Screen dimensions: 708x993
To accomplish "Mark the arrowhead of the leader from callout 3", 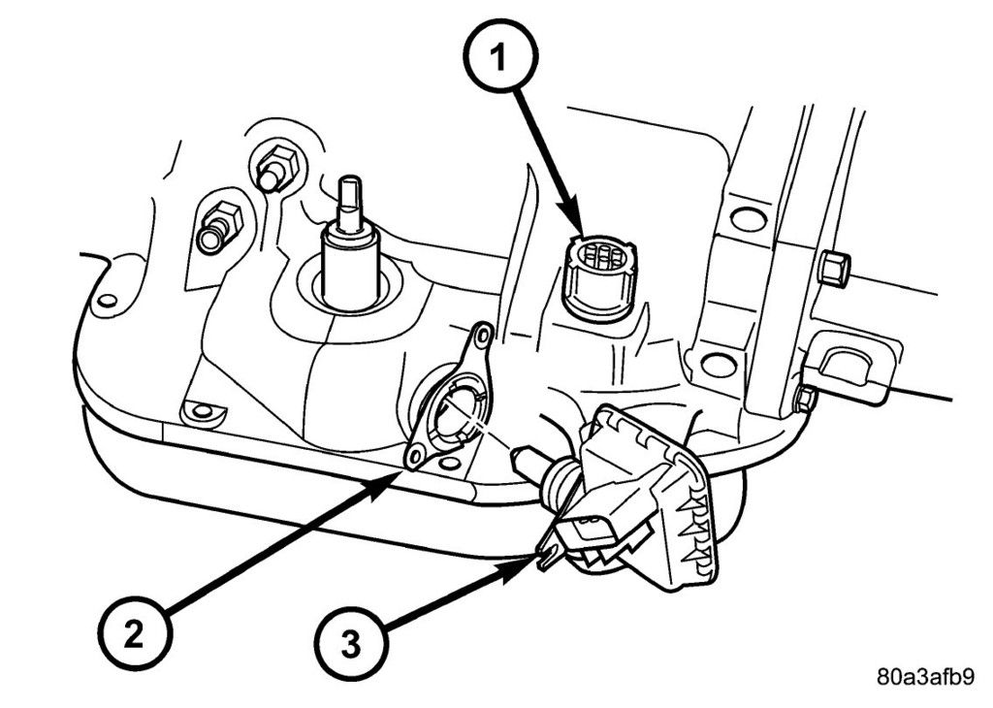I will tap(536, 561).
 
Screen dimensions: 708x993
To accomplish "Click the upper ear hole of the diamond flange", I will tap(478, 338).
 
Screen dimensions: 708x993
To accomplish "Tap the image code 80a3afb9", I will tap(926, 677).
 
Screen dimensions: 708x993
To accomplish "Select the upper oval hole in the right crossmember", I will tap(748, 219).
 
